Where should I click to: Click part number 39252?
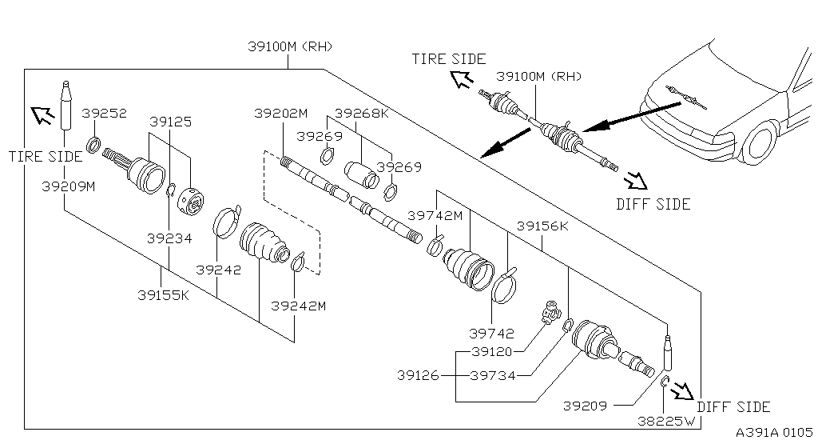(x=105, y=114)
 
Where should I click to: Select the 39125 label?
(x=170, y=122)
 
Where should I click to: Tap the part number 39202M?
(x=280, y=114)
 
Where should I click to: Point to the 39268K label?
(x=361, y=114)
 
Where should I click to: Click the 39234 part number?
(x=169, y=238)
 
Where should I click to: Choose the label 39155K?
(x=163, y=294)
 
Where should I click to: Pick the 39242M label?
(x=298, y=306)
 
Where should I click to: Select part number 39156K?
(x=542, y=226)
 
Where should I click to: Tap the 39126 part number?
(x=418, y=375)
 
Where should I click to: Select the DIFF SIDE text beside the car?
(x=653, y=204)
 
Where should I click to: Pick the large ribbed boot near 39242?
(x=263, y=242)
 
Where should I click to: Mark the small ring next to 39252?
(x=93, y=146)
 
